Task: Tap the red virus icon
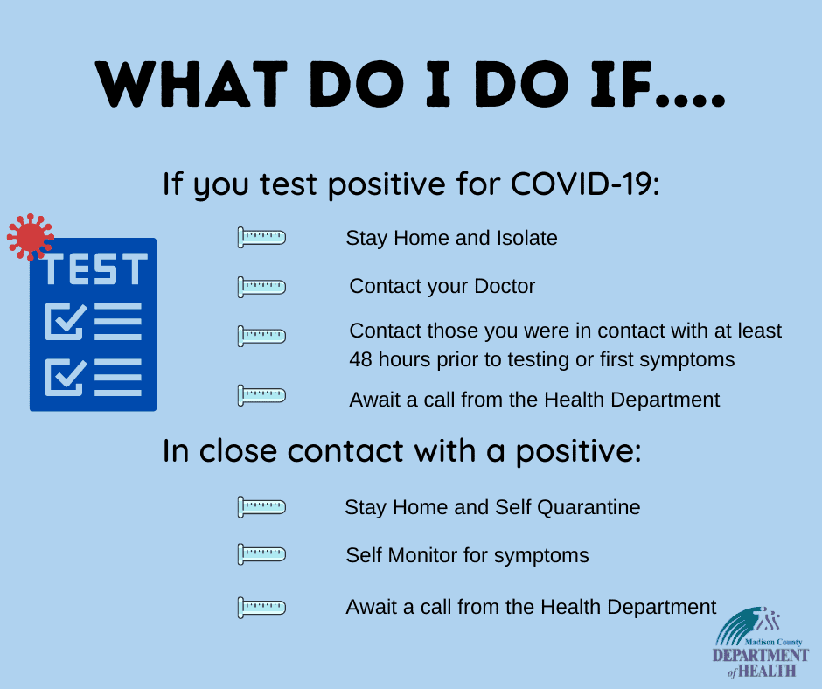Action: pos(30,237)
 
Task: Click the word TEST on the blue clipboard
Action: pos(95,269)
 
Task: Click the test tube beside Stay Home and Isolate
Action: pos(261,238)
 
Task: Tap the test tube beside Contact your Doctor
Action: pos(261,287)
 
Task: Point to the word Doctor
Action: pos(505,286)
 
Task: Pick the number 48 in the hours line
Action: pos(360,359)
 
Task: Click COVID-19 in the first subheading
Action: pos(585,184)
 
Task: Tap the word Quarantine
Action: pos(589,508)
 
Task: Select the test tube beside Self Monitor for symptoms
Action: pos(261,554)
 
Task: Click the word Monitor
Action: pos(422,555)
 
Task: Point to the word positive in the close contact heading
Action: pos(578,452)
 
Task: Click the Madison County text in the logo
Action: pos(773,642)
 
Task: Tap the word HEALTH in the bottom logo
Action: pos(767,670)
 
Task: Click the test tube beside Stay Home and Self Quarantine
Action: pos(261,507)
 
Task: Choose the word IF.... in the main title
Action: pos(658,85)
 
